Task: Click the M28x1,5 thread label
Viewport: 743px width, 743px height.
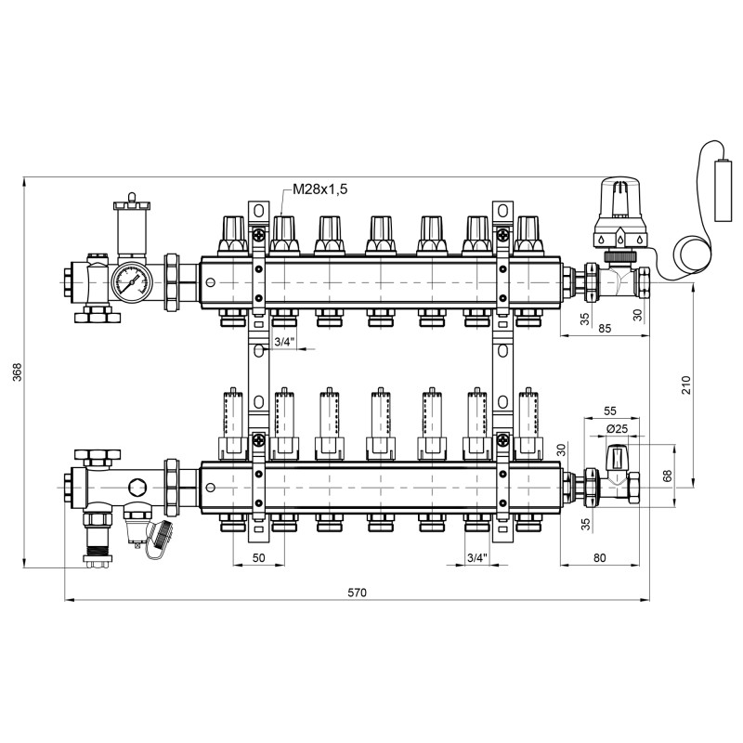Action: [319, 190]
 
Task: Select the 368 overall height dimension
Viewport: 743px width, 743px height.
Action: [15, 371]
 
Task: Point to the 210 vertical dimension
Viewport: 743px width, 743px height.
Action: [685, 386]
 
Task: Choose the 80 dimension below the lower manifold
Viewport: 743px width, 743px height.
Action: [598, 557]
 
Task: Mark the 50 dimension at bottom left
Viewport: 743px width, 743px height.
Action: [258, 557]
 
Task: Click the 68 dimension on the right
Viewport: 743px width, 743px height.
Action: [667, 476]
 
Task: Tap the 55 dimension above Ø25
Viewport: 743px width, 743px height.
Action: [610, 411]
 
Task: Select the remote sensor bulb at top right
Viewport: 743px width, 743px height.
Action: [722, 195]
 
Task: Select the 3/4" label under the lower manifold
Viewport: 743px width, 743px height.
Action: [476, 557]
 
